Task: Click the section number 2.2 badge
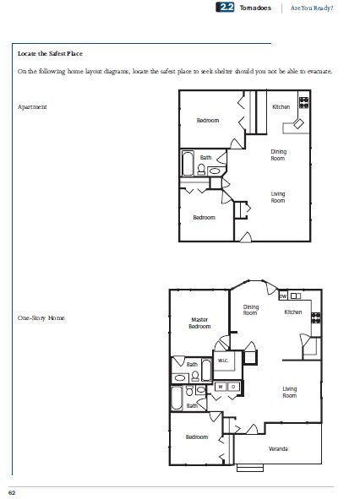(225, 8)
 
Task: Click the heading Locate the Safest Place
(50, 53)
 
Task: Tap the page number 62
(12, 492)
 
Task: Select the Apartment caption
(32, 107)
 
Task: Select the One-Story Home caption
(41, 318)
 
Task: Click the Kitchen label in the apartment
(281, 106)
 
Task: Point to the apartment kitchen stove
(303, 103)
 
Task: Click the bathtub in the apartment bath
(188, 163)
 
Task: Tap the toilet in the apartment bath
(201, 169)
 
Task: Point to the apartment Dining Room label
(278, 155)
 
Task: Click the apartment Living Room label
(278, 197)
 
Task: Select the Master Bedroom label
(199, 323)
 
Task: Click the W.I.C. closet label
(223, 361)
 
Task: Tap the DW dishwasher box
(283, 296)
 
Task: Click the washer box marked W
(221, 387)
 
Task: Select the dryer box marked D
(233, 387)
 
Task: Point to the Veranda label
(278, 448)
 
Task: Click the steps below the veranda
(250, 468)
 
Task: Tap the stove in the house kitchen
(316, 318)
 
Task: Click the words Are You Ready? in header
(312, 8)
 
